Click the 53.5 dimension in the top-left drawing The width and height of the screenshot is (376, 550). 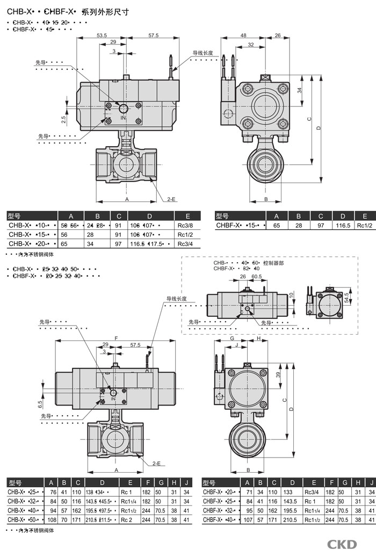[102, 35]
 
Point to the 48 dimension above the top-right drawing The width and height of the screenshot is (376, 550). [243, 35]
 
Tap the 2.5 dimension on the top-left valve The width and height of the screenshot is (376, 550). [63, 119]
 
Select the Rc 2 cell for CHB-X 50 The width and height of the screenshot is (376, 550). [127, 520]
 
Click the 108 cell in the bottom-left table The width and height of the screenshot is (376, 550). [53, 520]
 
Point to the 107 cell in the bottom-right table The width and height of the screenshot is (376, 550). [248, 520]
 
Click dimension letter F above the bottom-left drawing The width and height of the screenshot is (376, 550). [116, 338]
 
